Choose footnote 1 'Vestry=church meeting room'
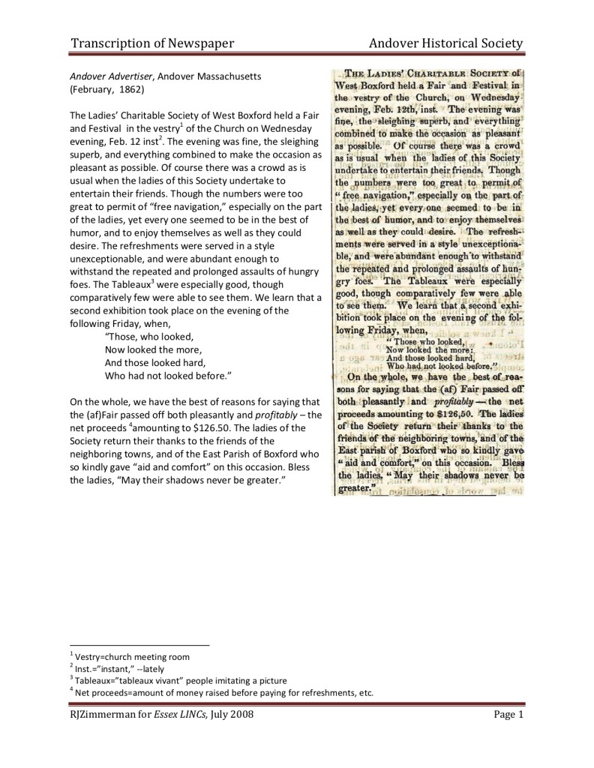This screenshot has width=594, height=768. tap(131, 656)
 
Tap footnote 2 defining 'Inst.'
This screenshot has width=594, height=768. tap(120, 668)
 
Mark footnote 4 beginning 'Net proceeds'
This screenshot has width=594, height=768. tap(221, 692)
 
